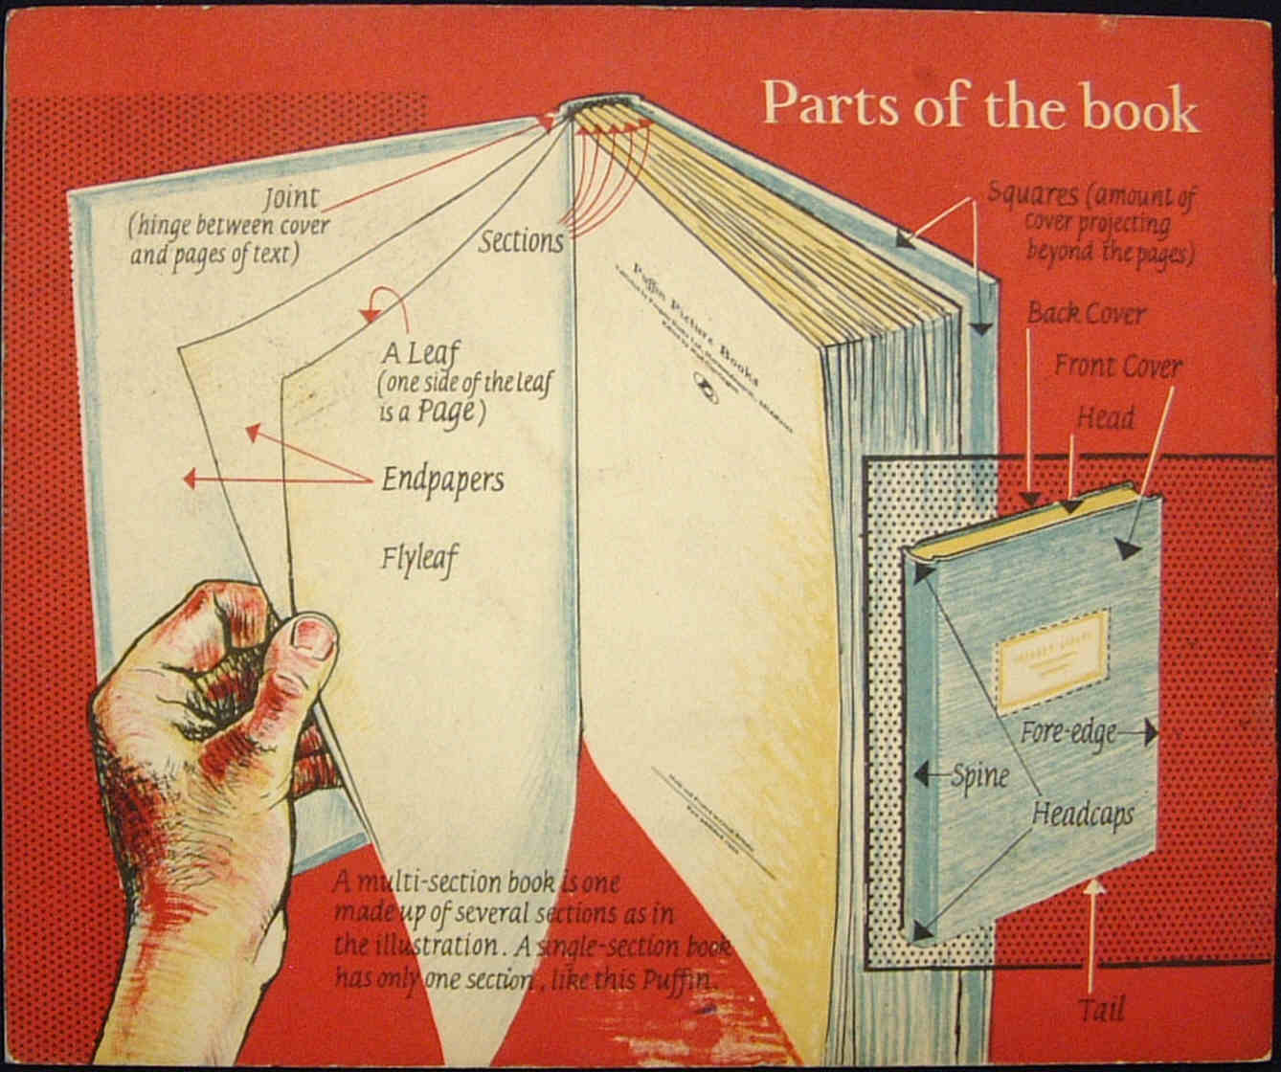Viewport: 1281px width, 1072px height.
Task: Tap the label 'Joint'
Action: coord(292,200)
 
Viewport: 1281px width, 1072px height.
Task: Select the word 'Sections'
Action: coord(521,241)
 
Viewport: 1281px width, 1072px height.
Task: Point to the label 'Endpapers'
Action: coord(442,479)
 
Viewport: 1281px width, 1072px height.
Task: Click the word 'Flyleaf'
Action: coord(418,556)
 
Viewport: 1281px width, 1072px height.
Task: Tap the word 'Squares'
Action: coord(1032,194)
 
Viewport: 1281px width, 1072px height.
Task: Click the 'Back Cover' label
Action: coord(1086,314)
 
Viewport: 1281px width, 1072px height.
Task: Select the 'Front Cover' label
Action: coord(1118,366)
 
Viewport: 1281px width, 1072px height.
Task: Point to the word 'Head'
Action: coord(1105,418)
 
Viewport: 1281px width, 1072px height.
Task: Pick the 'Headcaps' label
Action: coord(1082,815)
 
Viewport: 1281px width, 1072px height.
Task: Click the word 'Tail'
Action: coord(1101,1009)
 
